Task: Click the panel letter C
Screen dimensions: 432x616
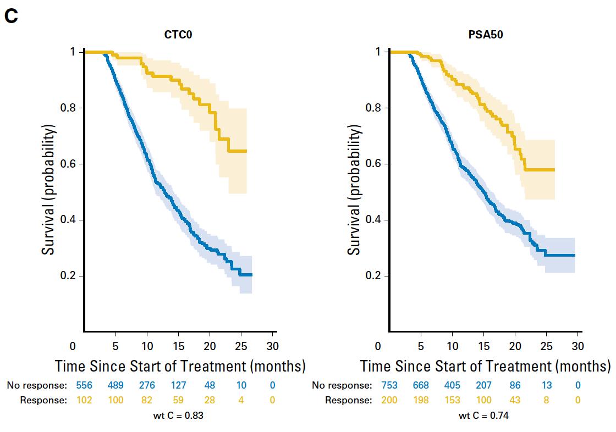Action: point(11,16)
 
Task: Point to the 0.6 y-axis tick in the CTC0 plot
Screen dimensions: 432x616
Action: point(67,164)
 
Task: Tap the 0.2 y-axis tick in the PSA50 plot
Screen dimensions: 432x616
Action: point(373,275)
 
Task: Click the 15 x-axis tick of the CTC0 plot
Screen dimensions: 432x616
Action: point(178,346)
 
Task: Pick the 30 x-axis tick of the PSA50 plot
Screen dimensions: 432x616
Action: point(577,346)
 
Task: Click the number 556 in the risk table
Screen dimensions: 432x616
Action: point(84,385)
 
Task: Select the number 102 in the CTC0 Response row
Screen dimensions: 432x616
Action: point(84,400)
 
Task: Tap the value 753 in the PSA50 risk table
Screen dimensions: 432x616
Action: point(389,385)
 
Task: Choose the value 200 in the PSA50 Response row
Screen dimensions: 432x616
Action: point(389,400)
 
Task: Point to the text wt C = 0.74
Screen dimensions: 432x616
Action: point(483,416)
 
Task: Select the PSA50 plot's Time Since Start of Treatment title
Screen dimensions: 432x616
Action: point(485,366)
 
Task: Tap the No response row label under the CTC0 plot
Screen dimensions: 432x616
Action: point(37,385)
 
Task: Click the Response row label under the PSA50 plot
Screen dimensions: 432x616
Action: point(348,400)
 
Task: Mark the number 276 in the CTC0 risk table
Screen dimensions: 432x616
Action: point(147,385)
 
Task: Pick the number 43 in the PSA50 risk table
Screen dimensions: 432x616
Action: point(515,400)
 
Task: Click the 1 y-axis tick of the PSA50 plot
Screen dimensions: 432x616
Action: point(378,52)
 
